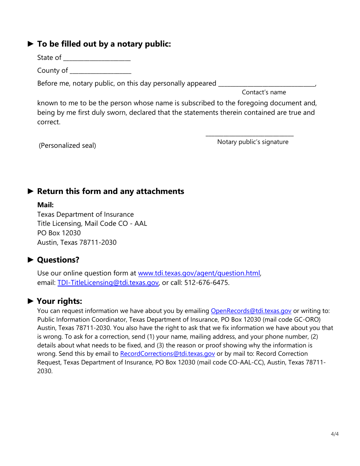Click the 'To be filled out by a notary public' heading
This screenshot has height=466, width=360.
click(104, 44)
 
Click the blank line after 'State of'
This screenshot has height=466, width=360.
click(97, 59)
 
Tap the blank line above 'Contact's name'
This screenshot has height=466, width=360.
click(267, 84)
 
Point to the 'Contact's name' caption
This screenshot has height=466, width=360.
click(264, 92)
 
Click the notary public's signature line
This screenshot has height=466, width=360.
click(249, 135)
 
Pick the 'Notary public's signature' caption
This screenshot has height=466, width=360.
click(253, 142)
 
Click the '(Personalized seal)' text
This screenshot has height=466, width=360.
click(67, 145)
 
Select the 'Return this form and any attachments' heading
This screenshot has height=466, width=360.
click(110, 191)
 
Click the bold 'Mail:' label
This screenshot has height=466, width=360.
click(45, 205)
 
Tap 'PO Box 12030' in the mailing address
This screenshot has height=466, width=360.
click(59, 233)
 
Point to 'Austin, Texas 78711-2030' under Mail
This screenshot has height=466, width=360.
click(77, 242)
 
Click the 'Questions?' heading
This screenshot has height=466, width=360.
click(58, 260)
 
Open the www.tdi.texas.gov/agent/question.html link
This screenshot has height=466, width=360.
click(199, 273)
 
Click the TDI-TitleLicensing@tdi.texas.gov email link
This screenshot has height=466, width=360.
click(108, 283)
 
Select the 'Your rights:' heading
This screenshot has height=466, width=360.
click(59, 301)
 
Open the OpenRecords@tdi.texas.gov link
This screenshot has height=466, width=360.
click(251, 311)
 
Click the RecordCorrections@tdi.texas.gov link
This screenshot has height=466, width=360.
click(167, 353)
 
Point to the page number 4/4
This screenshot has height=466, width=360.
click(335, 434)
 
